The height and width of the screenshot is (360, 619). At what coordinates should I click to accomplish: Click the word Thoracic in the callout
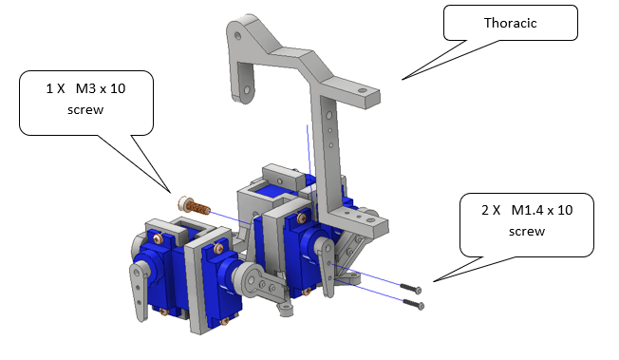point(510,23)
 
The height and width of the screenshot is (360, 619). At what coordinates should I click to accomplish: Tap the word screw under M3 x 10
point(85,109)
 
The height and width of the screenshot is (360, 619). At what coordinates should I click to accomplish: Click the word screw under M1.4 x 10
point(527,231)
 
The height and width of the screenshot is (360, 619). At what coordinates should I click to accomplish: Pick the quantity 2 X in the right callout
point(491,210)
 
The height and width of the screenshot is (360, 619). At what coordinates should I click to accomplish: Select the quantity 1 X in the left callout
point(55,88)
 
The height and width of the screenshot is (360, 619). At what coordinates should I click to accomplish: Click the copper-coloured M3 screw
point(194,205)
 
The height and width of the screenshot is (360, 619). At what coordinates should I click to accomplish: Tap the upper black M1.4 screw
point(410,288)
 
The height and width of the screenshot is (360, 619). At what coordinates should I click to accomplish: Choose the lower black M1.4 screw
point(413,304)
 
